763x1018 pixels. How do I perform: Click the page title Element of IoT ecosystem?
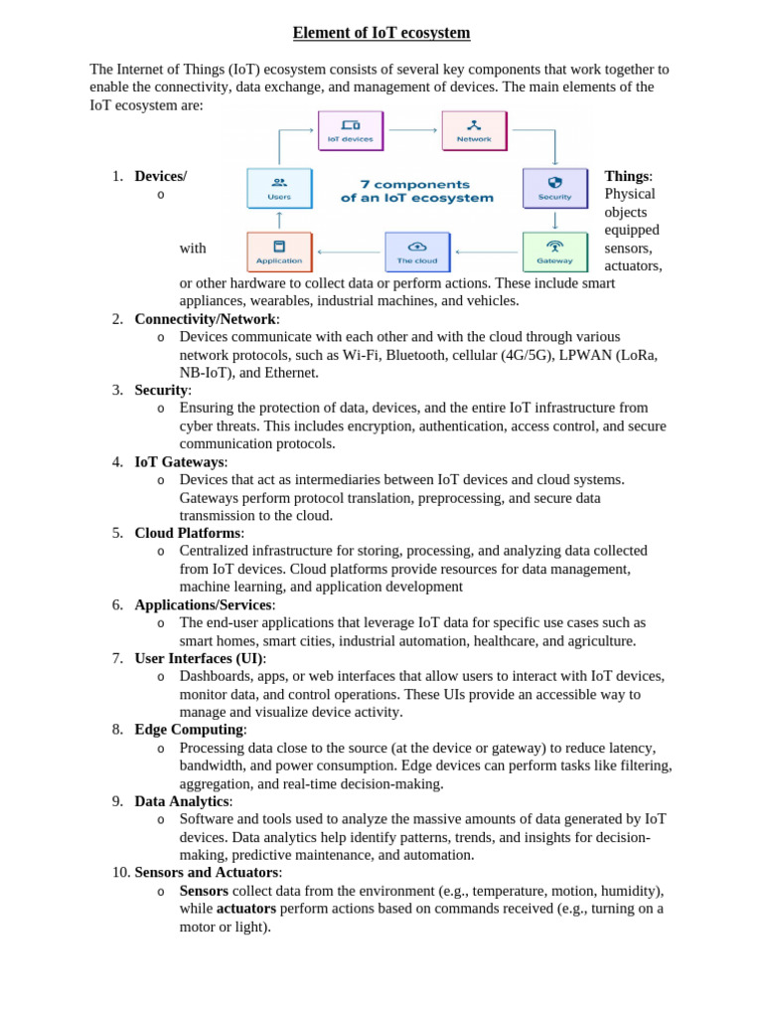(381, 34)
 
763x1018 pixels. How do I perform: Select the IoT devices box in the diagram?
(350, 130)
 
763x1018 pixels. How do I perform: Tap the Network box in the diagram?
(474, 130)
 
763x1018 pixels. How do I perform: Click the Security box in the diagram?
(554, 188)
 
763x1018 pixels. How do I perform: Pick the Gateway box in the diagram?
(554, 252)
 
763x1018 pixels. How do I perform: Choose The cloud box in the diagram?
(417, 252)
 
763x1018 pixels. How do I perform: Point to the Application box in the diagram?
(279, 252)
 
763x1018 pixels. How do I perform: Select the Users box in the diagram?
(279, 188)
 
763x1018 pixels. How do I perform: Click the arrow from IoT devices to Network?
(412, 130)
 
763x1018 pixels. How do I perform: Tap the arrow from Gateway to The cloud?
(487, 253)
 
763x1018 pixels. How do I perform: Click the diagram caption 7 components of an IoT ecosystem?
(417, 191)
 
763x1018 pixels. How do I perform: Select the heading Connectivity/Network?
(207, 319)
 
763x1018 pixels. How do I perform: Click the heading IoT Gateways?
(181, 462)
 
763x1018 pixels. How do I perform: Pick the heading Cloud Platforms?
(189, 533)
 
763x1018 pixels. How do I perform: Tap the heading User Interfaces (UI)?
(200, 658)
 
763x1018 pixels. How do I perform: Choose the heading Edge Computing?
(190, 730)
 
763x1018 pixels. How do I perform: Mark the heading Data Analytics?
(183, 801)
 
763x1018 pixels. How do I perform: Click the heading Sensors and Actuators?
(208, 873)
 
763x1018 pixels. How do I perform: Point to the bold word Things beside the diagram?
(627, 176)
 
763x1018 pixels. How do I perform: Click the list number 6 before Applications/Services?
(117, 604)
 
